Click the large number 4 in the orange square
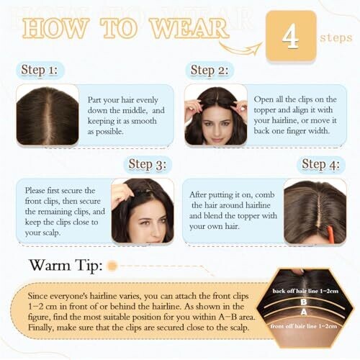click(x=291, y=36)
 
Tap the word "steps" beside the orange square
click(x=336, y=38)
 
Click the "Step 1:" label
click(x=40, y=71)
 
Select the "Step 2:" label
click(x=209, y=71)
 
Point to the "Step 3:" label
click(x=148, y=164)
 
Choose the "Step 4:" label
click(x=321, y=164)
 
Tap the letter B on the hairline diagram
click(x=304, y=302)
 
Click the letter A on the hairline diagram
click(x=304, y=312)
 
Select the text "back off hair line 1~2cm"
click(x=305, y=291)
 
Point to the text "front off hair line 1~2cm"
click(x=304, y=326)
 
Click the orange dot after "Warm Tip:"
click(x=112, y=266)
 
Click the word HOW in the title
click(x=55, y=28)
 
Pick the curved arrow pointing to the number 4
click(x=240, y=48)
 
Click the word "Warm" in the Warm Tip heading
click(x=50, y=265)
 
